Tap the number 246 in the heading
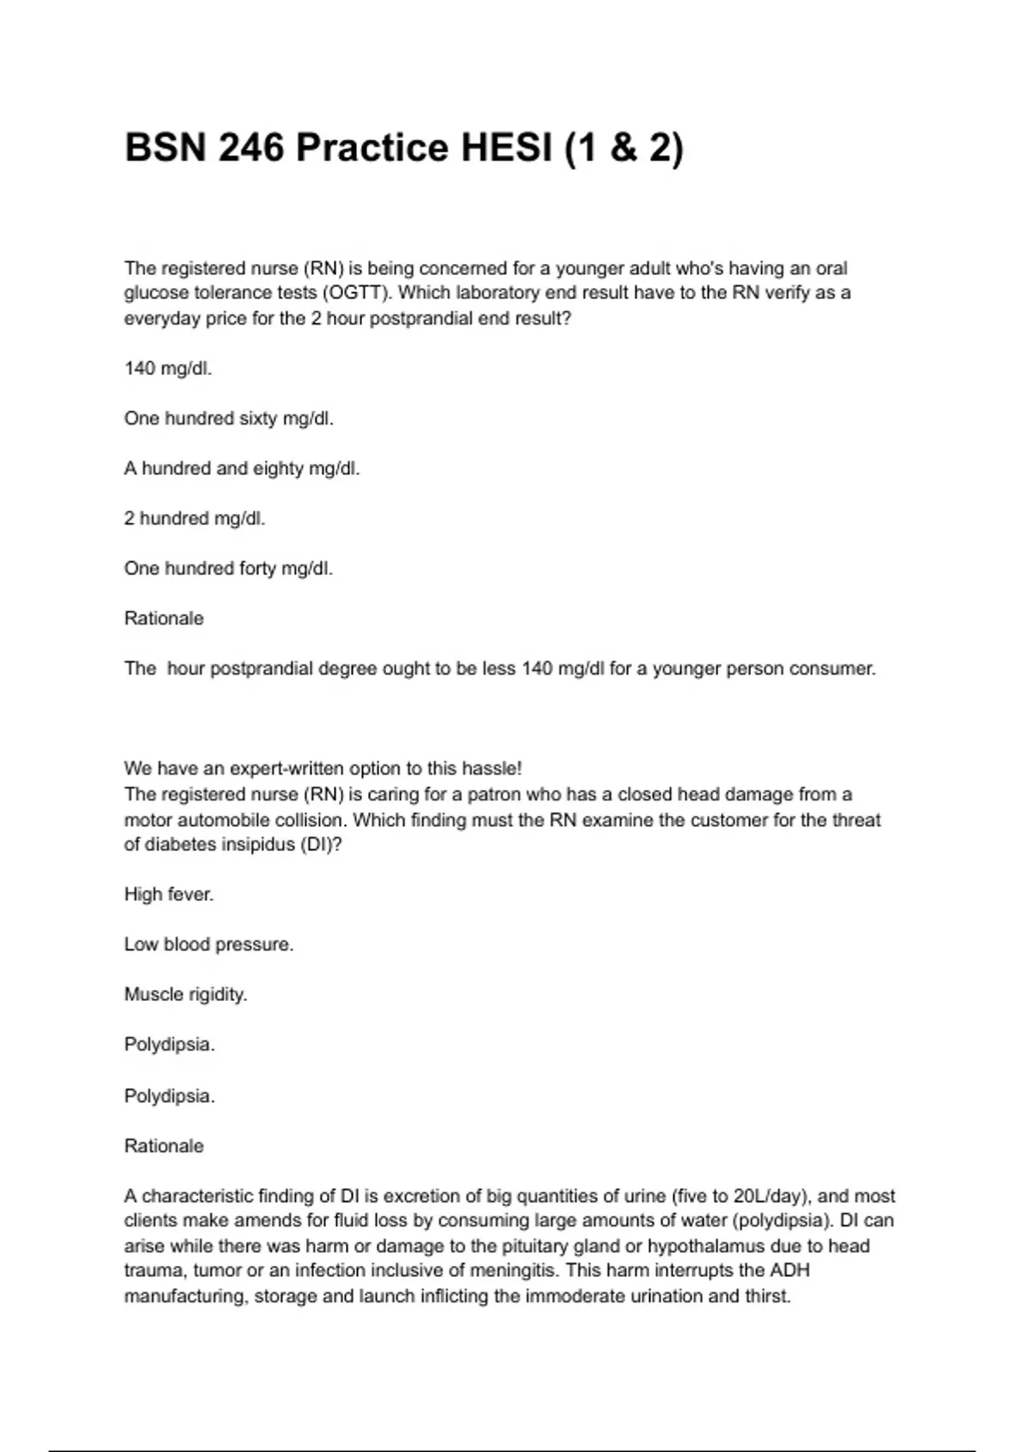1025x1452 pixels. tap(251, 148)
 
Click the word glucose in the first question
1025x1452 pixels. tap(154, 293)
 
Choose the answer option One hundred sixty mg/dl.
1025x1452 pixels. tap(229, 419)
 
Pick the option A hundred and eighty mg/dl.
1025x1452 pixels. tap(242, 468)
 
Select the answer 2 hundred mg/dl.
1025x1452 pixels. tap(195, 518)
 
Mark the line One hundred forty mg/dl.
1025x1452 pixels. tap(228, 568)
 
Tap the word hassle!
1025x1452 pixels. tap(490, 768)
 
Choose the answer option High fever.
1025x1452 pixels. tap(169, 894)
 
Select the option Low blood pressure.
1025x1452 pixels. tap(208, 945)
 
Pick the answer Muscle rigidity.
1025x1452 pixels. tap(185, 994)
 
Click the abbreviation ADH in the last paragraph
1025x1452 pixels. tap(790, 1271)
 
